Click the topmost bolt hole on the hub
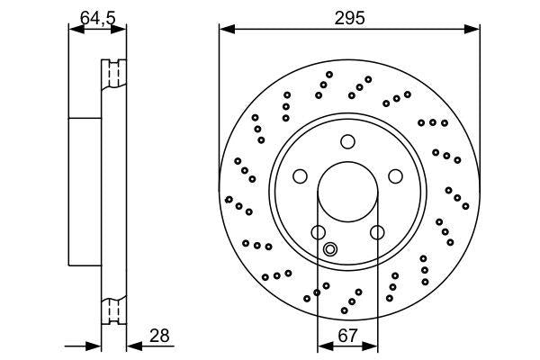(348, 140)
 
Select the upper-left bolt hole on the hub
(301, 175)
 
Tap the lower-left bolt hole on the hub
(319, 232)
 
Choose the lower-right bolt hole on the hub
(377, 232)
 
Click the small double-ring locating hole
(330, 249)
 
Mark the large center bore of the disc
(348, 191)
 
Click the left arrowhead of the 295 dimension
(225, 30)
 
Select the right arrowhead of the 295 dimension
(472, 30)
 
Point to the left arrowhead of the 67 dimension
(324, 345)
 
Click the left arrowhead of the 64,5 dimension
(75, 30)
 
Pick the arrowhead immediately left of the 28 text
(132, 345)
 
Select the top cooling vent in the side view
(113, 74)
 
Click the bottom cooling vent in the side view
(113, 310)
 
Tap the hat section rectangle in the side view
(85, 191)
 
